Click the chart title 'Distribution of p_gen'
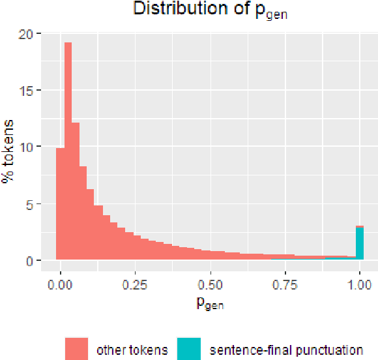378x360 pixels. click(x=210, y=10)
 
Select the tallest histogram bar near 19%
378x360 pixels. click(x=68, y=150)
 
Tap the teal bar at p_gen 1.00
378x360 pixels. click(x=359, y=244)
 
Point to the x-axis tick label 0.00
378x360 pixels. click(x=61, y=284)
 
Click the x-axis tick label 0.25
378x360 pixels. click(x=135, y=284)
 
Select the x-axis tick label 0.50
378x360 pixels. click(x=210, y=284)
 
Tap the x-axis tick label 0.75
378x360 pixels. click(x=284, y=284)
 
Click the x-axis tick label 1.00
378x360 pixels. click(x=359, y=284)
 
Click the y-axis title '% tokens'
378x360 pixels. click(x=10, y=149)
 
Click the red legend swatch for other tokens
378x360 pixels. click(x=76, y=349)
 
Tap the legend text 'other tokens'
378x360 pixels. click(x=131, y=350)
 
